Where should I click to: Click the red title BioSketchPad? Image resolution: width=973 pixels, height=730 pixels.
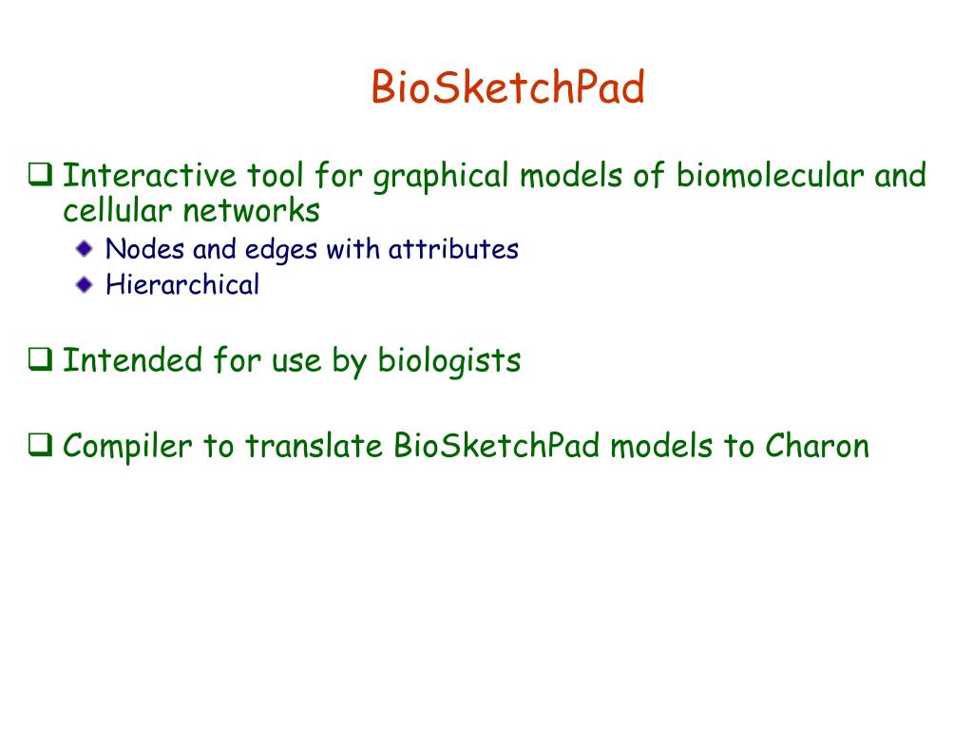(508, 86)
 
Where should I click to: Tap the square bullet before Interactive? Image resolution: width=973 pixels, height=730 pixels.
(40, 175)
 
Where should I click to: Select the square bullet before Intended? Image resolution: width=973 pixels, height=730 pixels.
(40, 359)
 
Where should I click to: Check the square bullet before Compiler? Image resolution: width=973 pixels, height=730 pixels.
(40, 445)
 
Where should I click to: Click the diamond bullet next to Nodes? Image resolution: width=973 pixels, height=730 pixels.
(85, 249)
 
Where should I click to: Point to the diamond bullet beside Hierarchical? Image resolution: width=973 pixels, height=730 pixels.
(85, 285)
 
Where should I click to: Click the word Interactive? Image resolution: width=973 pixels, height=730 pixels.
(149, 175)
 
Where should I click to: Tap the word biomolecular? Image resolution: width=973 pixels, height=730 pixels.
(770, 175)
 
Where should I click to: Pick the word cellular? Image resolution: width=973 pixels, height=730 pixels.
(117, 210)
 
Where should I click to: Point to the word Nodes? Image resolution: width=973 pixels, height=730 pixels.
(144, 249)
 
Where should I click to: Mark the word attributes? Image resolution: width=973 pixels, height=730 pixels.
(453, 249)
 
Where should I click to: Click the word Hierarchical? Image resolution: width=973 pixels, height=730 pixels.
(182, 284)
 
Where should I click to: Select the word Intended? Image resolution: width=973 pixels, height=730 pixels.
(133, 360)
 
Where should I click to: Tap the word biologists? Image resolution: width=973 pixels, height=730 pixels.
(449, 362)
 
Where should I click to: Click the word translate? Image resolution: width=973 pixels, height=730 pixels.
(314, 446)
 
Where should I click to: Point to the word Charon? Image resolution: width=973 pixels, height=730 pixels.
(816, 446)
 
